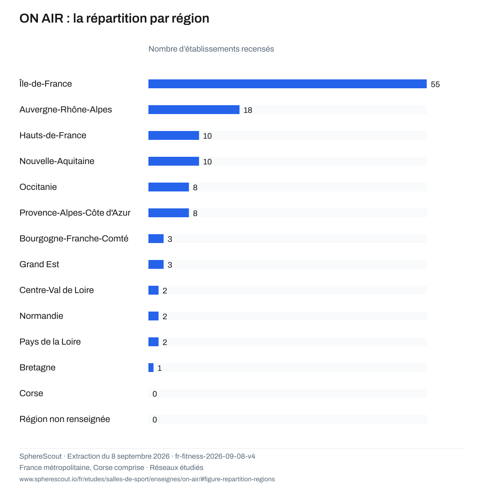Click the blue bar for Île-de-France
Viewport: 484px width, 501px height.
tap(287, 84)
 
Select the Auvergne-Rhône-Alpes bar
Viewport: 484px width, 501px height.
tap(194, 110)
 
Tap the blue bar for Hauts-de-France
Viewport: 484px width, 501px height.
tap(173, 135)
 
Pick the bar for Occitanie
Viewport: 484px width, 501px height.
tap(169, 187)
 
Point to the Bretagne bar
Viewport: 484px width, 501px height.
tap(151, 367)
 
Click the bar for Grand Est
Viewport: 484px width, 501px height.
tap(156, 264)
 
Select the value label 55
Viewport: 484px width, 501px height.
tap(435, 85)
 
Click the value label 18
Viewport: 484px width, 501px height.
tap(248, 110)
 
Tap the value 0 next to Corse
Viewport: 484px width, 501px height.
tap(154, 394)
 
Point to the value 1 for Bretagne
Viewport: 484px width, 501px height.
tap(159, 368)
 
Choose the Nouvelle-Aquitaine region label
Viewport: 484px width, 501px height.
tap(57, 161)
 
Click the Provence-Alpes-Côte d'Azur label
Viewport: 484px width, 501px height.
tap(75, 213)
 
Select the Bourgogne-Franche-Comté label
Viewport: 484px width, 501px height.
tap(74, 238)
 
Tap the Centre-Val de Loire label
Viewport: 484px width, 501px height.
tap(57, 290)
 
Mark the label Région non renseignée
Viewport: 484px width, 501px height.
tap(65, 419)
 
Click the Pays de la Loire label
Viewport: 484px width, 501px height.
tap(50, 342)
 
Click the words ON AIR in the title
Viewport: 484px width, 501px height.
tap(41, 18)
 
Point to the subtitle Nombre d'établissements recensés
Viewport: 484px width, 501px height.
tap(211, 49)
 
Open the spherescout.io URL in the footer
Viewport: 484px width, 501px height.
tap(147, 479)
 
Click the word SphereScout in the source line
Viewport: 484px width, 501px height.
tap(40, 456)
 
